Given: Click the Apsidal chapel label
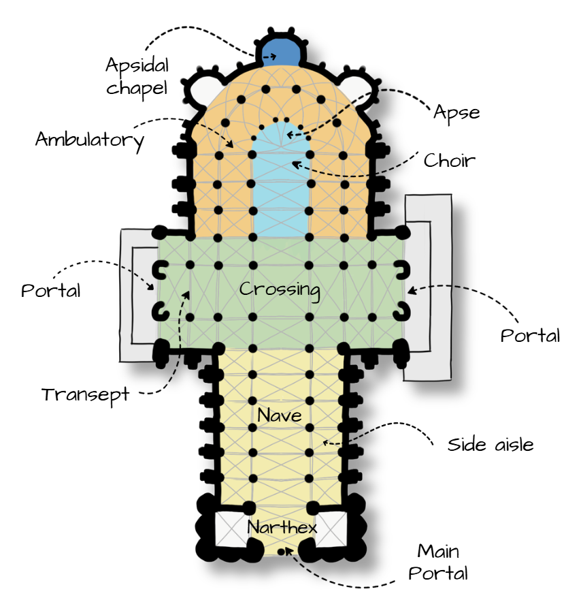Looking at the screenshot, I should [137, 78].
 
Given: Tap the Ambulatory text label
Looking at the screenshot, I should [90, 140].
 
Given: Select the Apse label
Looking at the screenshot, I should [456, 112].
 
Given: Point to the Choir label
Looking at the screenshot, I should [449, 161].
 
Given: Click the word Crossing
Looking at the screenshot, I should [280, 289].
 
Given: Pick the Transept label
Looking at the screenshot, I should [85, 394].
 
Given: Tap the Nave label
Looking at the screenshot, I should [280, 414].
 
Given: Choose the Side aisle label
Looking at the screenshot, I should [491, 445].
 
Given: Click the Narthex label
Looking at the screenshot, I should [282, 528].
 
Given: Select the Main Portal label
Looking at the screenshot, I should [438, 561].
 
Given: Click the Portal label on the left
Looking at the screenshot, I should [50, 291].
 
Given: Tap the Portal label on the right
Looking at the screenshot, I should [530, 335].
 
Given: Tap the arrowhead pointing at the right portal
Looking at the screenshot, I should [410, 291].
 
